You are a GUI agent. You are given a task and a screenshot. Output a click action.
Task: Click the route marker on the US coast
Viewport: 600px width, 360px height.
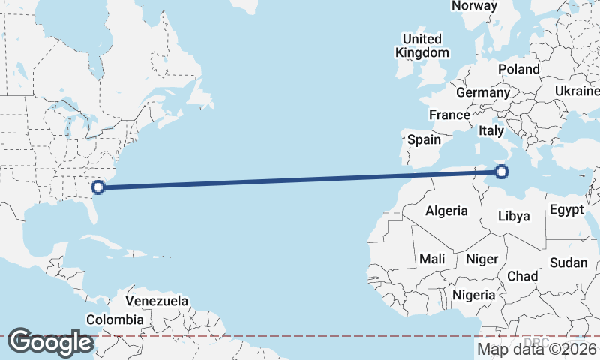pyautogui.click(x=97, y=187)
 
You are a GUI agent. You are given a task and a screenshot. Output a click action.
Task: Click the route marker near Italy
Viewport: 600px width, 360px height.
pyautogui.click(x=501, y=172)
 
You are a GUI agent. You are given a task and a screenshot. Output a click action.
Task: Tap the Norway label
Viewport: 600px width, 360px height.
pyautogui.click(x=474, y=6)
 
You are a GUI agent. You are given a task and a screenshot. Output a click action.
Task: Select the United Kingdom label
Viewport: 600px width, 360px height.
pyautogui.click(x=422, y=46)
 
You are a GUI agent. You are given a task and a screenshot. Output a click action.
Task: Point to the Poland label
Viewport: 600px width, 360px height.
pyautogui.click(x=518, y=69)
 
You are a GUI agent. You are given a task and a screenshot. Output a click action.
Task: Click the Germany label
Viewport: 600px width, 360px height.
pyautogui.click(x=482, y=92)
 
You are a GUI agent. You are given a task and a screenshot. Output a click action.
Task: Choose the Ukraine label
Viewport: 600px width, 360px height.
pyautogui.click(x=576, y=91)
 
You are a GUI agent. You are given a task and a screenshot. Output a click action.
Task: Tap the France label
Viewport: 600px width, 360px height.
pyautogui.click(x=448, y=115)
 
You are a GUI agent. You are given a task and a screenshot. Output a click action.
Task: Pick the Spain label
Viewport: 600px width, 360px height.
pyautogui.click(x=424, y=139)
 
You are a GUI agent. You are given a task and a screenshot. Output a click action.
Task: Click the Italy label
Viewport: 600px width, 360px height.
pyautogui.click(x=491, y=130)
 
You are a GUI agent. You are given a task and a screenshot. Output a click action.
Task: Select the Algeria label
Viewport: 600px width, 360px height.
pyautogui.click(x=446, y=211)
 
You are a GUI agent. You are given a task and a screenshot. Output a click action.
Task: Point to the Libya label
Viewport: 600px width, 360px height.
pyautogui.click(x=514, y=216)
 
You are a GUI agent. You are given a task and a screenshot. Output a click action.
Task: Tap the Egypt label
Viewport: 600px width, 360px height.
pyautogui.click(x=566, y=210)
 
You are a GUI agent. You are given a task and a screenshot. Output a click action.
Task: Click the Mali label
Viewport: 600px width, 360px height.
pyautogui.click(x=432, y=259)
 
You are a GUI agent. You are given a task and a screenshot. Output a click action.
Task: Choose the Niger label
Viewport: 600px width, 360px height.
pyautogui.click(x=481, y=259)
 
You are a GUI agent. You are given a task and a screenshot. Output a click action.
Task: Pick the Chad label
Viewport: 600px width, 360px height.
pyautogui.click(x=522, y=276)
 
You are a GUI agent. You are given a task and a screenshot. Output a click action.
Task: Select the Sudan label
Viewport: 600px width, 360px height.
pyautogui.click(x=568, y=262)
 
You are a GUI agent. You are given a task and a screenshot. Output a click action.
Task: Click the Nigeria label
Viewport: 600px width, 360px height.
pyautogui.click(x=474, y=295)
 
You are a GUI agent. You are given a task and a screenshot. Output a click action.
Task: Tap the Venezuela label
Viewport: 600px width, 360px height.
pyautogui.click(x=157, y=301)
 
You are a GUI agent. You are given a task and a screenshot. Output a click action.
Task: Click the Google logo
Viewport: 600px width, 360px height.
pyautogui.click(x=50, y=342)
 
